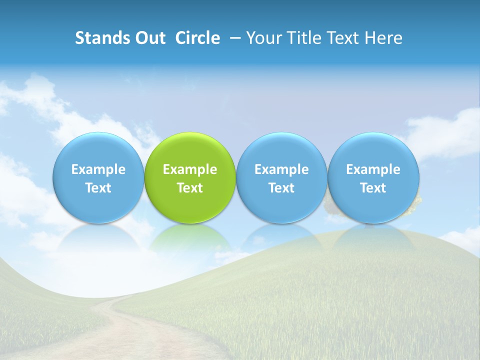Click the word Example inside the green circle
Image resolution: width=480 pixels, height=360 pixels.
click(x=190, y=169)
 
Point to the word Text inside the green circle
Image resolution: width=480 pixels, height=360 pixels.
click(x=190, y=188)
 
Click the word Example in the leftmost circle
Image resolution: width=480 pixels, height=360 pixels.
click(x=98, y=169)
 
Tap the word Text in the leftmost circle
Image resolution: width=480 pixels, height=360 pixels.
click(x=98, y=188)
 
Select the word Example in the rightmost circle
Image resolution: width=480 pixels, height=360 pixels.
click(x=373, y=169)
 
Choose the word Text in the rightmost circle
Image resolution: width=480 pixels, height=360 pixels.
click(x=373, y=188)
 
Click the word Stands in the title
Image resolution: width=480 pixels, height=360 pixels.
click(x=98, y=38)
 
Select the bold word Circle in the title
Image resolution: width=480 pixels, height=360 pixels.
click(x=197, y=38)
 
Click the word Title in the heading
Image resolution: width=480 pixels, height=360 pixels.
click(x=303, y=38)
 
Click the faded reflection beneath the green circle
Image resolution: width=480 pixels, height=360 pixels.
click(x=190, y=237)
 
